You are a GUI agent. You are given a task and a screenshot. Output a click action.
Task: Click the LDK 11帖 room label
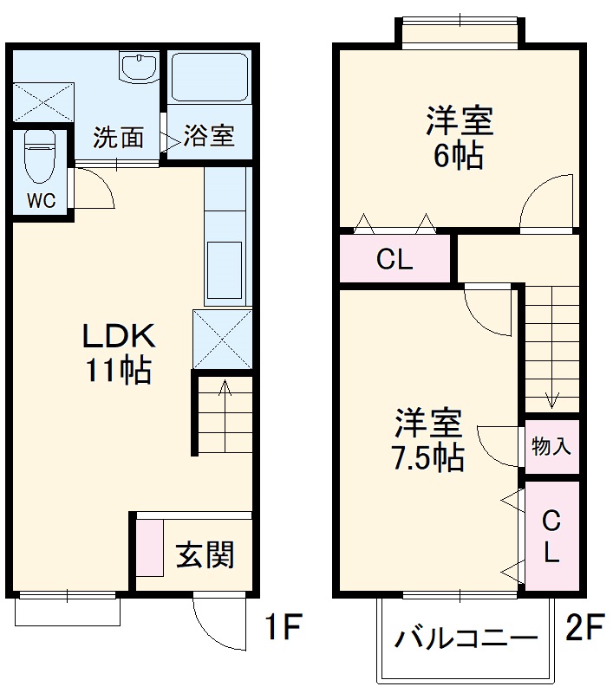click(118, 353)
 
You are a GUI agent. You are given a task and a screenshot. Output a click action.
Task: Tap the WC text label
click(40, 201)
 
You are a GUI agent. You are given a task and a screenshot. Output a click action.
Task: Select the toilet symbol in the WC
click(40, 156)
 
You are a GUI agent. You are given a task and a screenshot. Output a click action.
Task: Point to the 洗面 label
click(118, 138)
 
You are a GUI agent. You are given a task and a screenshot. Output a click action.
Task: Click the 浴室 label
click(208, 137)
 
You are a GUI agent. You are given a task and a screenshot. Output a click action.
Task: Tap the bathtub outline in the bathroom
click(208, 78)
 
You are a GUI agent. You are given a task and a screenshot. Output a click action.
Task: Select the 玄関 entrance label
click(205, 554)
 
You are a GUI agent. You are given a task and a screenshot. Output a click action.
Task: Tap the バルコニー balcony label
click(466, 639)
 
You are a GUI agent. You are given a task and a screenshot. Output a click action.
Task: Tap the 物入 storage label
click(551, 447)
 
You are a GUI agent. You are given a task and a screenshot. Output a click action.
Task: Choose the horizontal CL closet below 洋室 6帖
click(395, 258)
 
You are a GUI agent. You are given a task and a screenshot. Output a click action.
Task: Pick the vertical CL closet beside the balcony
click(551, 537)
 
